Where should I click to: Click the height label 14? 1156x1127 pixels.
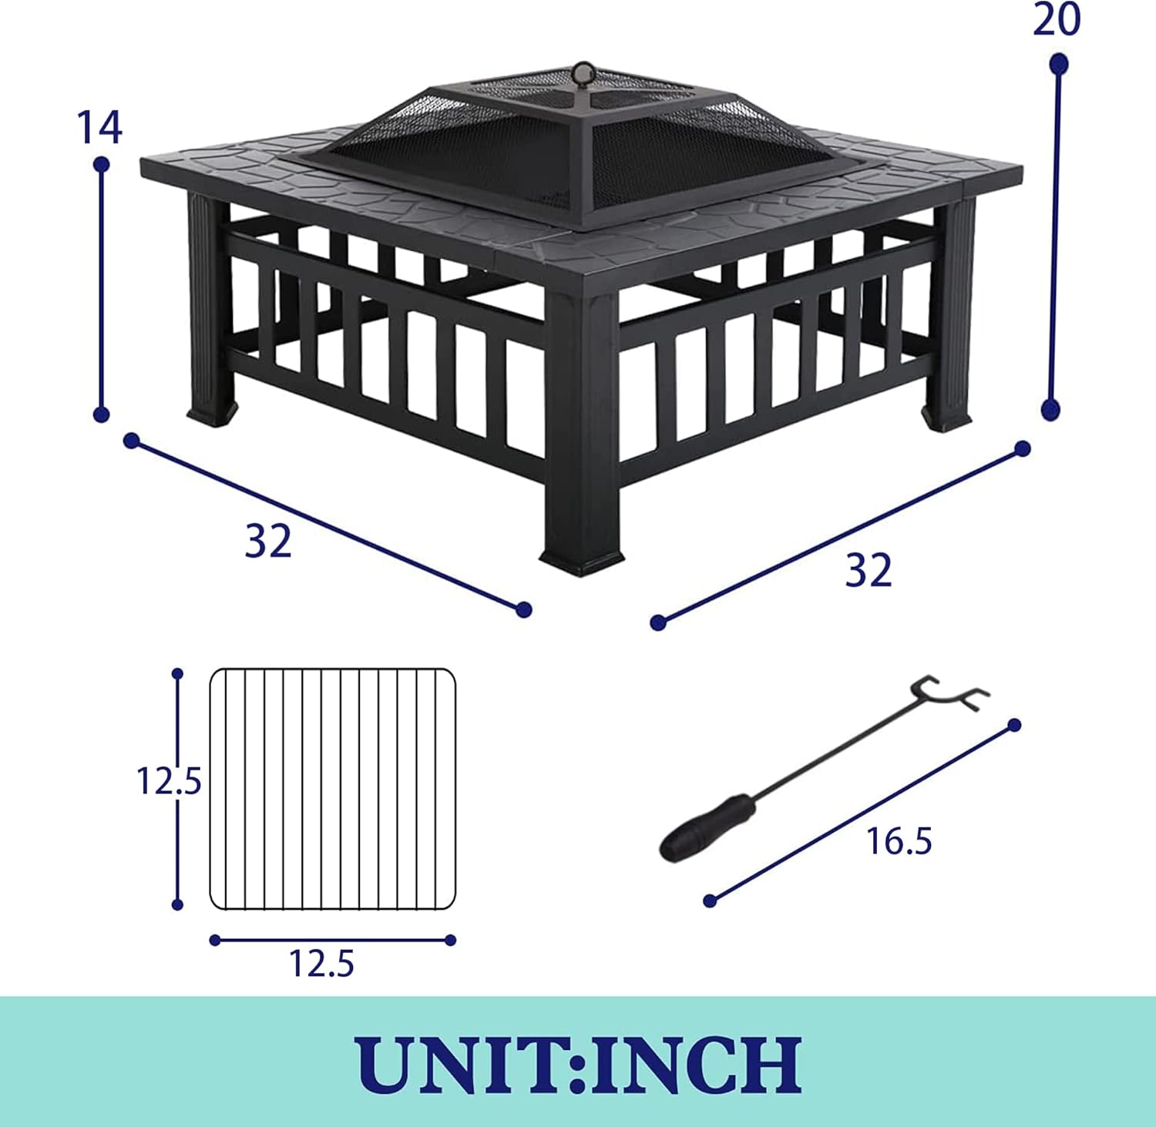point(99,128)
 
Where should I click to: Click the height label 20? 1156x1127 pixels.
point(1057,20)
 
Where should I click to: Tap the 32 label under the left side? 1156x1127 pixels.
point(268,541)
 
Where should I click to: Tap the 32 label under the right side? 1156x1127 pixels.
point(869,571)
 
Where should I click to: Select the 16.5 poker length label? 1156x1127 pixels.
point(899,841)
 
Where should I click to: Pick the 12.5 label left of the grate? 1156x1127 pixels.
point(168,781)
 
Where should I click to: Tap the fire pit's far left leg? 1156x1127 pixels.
point(208,308)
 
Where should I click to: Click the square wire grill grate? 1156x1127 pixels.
point(332,789)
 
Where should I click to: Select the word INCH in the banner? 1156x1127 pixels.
point(697,1064)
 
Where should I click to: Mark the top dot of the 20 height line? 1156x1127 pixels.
point(1059,64)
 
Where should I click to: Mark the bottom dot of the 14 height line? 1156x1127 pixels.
point(101,414)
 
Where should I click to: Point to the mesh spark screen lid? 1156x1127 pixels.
point(570,146)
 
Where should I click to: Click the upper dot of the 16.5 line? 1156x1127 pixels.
point(1014,725)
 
